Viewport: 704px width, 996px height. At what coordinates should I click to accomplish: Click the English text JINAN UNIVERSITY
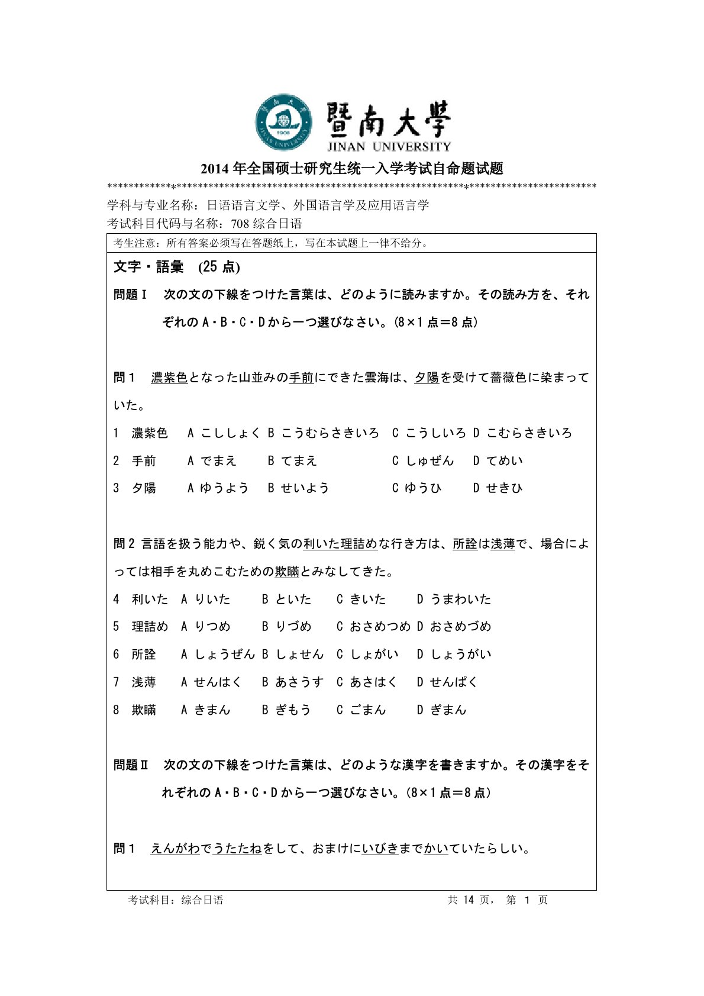click(389, 147)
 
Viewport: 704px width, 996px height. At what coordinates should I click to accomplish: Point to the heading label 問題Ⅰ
click(131, 295)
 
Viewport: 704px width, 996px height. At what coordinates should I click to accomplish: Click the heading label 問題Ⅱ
click(131, 765)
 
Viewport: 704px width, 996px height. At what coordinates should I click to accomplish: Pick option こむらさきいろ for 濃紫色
click(529, 433)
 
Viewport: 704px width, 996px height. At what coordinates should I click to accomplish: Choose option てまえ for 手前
click(299, 461)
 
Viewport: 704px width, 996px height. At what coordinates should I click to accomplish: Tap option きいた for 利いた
click(367, 599)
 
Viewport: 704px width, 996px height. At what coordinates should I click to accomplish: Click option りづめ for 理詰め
click(293, 627)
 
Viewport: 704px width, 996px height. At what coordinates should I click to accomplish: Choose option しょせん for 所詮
click(299, 655)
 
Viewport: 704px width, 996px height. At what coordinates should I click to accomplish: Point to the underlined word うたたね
click(237, 849)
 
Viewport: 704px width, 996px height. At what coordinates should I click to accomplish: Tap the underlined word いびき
click(380, 849)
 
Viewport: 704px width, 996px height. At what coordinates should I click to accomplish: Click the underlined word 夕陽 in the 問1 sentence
click(427, 378)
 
